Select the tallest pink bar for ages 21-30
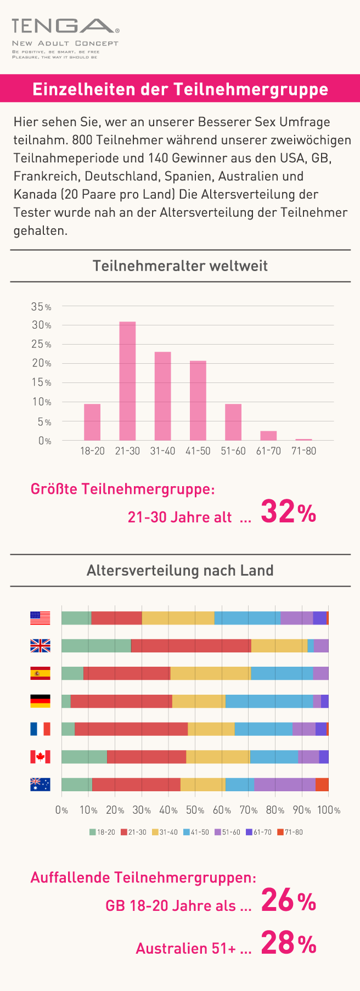pos(127,381)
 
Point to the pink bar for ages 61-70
pos(268,436)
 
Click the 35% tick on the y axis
pos(41,307)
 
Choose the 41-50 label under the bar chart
pos(198,451)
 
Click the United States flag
pos(40,618)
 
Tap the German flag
pos(40,701)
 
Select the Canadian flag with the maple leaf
pos(40,757)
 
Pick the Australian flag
pos(40,785)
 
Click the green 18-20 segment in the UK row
pos(96,646)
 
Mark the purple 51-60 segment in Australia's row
pos(285,785)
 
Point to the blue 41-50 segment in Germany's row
pos(269,701)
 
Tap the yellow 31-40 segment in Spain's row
pos(210,673)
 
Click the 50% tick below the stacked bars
pos(195,810)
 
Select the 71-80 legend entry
pos(290,832)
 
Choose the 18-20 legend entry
pos(103,832)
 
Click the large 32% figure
pos(288,513)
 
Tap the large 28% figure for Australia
pos(289,944)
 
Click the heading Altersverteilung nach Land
pos(180,571)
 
